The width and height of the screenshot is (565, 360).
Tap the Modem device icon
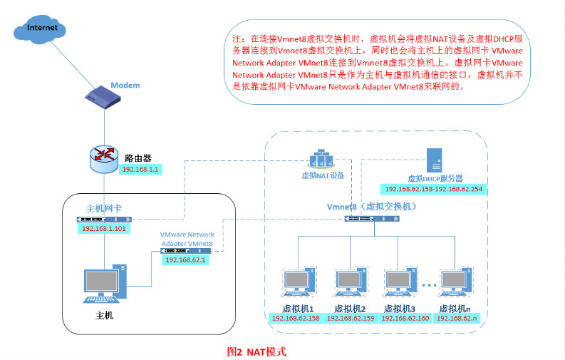click(x=106, y=96)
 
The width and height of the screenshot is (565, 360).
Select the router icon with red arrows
click(x=105, y=158)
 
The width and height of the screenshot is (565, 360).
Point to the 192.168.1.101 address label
click(x=103, y=228)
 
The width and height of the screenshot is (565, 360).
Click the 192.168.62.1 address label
click(x=185, y=261)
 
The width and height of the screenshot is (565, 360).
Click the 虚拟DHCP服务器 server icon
click(x=435, y=161)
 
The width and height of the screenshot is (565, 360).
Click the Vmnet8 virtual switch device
click(x=371, y=218)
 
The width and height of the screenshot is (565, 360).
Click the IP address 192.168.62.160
click(x=405, y=318)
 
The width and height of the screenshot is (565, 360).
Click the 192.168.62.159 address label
click(x=351, y=318)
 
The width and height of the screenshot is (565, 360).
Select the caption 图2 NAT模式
click(x=256, y=351)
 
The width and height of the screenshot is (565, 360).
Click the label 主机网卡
click(x=104, y=208)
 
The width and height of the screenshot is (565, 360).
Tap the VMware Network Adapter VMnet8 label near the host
click(x=187, y=239)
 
